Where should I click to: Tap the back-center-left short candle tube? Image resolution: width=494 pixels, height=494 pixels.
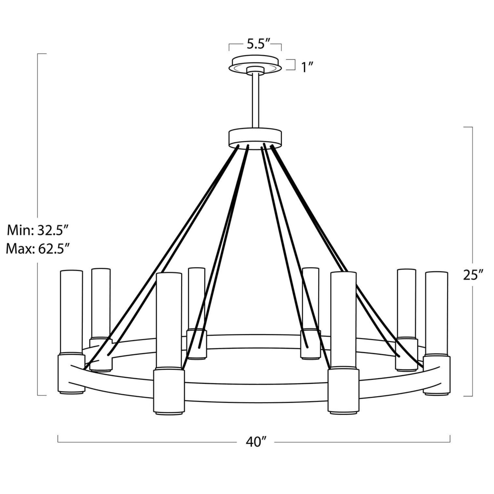(x=196, y=298)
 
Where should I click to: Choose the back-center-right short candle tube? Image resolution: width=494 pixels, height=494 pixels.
(x=310, y=298)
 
